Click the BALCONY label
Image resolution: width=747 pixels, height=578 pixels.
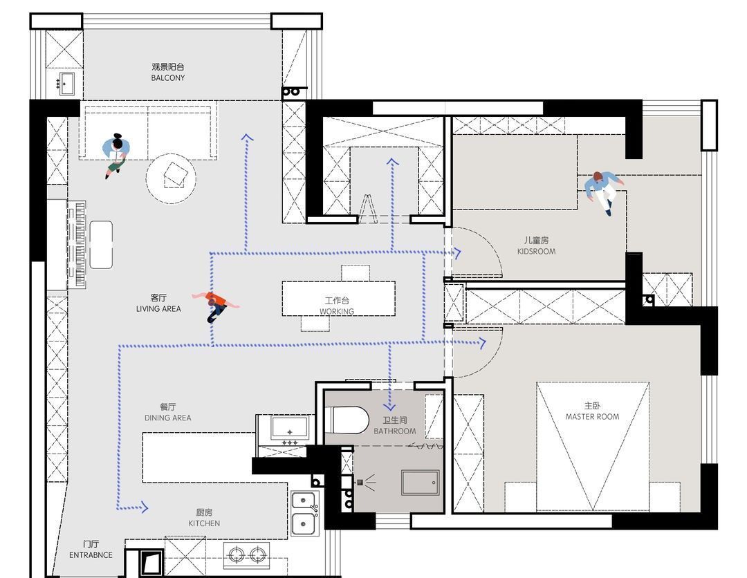point(167,77)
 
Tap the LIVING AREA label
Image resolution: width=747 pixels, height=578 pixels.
point(158,308)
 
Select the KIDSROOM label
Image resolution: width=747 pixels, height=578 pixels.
point(537,251)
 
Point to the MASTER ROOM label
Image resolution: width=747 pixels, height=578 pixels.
point(592,417)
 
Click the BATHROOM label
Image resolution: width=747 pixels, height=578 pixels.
point(394,431)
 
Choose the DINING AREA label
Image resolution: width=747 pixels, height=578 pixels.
point(167,418)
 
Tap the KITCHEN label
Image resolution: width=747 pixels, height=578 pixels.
point(204,523)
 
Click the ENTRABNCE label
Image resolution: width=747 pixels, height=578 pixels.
point(91,554)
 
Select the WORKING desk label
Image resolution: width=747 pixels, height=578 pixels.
point(337,311)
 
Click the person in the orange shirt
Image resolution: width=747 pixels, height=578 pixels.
point(216,305)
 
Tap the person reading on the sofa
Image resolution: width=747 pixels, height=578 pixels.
point(116,155)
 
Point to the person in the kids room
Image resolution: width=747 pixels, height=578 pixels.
point(602,190)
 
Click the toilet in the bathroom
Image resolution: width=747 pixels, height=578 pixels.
point(347,420)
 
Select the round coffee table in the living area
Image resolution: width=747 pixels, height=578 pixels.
point(171,178)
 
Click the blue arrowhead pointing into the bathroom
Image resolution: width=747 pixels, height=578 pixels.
point(389,406)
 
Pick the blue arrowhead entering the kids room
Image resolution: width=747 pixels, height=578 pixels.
point(458,253)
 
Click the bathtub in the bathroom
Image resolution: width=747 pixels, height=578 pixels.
point(421,483)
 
